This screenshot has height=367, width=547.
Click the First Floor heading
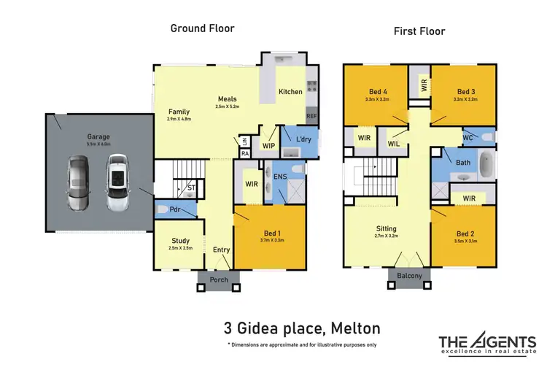(419, 31)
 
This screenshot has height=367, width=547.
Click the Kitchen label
(290, 92)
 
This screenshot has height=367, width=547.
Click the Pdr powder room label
(175, 209)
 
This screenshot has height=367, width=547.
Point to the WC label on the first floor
(468, 136)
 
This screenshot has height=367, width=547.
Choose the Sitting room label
(386, 228)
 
